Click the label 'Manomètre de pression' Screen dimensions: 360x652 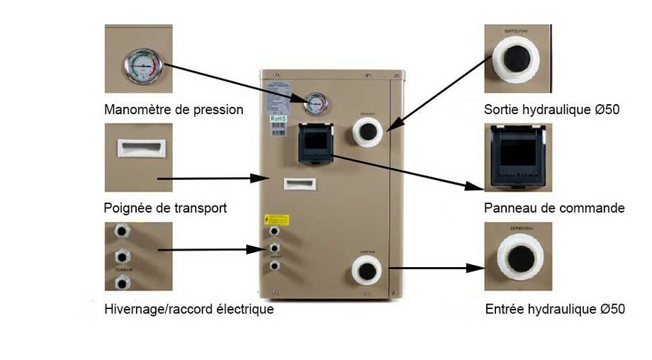click(x=174, y=110)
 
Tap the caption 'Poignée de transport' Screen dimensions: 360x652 click(x=165, y=208)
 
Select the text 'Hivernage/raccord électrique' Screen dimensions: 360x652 click(x=189, y=309)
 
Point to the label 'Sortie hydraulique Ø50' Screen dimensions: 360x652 click(x=552, y=110)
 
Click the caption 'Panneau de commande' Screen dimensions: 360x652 click(x=554, y=208)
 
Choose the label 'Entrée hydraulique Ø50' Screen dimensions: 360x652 click(x=555, y=309)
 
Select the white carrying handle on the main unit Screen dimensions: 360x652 click(x=300, y=184)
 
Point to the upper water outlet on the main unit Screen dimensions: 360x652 click(x=367, y=130)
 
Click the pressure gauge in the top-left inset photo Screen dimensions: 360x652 click(x=145, y=67)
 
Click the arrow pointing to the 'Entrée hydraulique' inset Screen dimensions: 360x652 click(x=435, y=269)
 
